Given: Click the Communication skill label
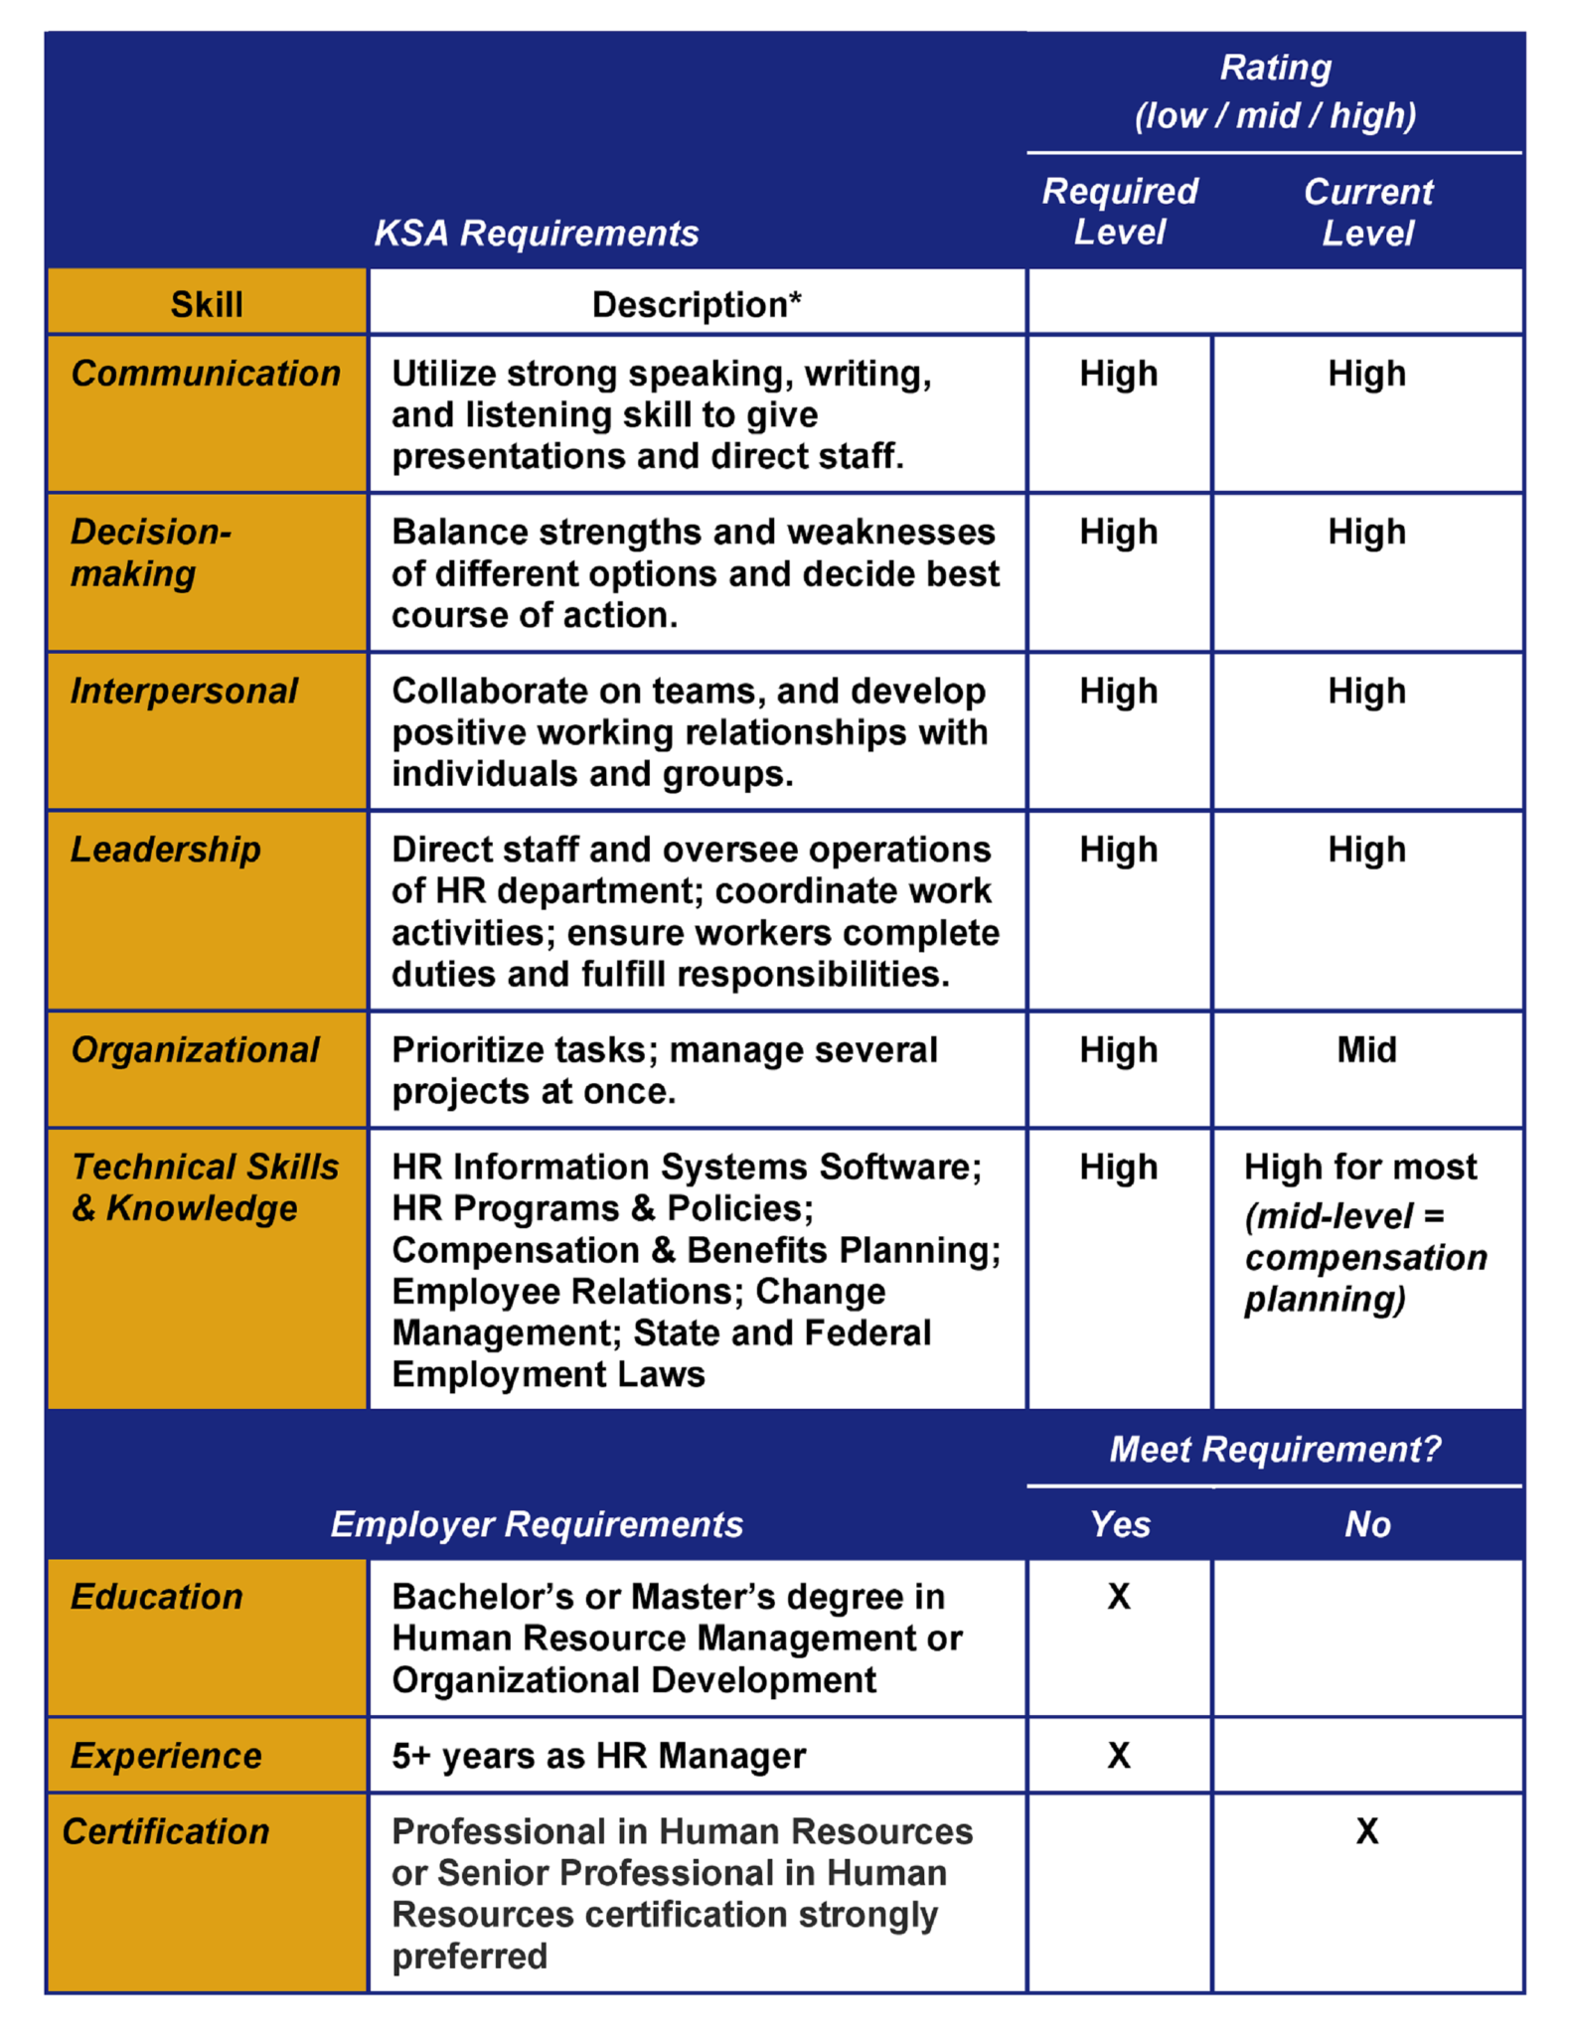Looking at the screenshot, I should [x=205, y=374].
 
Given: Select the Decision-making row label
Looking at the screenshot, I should [x=150, y=552].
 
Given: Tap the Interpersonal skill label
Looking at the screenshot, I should [x=184, y=691].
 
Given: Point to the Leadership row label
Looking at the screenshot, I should [x=165, y=850].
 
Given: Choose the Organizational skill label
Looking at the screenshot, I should [x=195, y=1049].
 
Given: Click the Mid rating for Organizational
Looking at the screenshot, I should [x=1366, y=1049].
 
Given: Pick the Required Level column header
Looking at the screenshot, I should [x=1119, y=212].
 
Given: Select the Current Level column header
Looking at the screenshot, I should [x=1367, y=212].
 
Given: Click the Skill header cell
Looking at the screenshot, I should [x=207, y=304].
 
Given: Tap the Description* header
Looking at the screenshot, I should [x=696, y=304].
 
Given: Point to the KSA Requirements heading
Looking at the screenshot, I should [x=537, y=234].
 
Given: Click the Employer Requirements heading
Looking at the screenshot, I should [x=537, y=1524].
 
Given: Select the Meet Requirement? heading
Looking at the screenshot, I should [x=1275, y=1449].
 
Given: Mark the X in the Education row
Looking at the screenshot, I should [x=1119, y=1597].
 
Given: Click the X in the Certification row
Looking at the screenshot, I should [x=1367, y=1831].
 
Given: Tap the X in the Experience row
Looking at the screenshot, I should [x=1119, y=1756].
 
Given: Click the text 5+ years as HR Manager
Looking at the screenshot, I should [x=598, y=1756].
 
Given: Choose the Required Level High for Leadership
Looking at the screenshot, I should [x=1119, y=850].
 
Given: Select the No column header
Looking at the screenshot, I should [x=1367, y=1524].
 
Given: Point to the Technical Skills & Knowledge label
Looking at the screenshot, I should [x=205, y=1187].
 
